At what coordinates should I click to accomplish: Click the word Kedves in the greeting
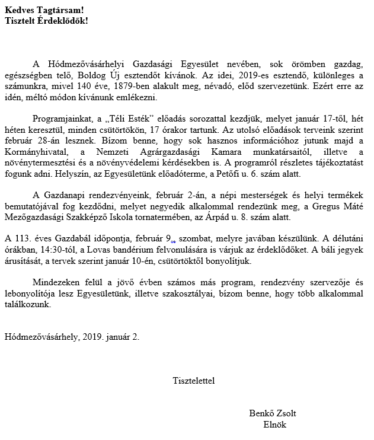(18, 10)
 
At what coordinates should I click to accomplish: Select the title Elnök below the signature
(274, 425)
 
